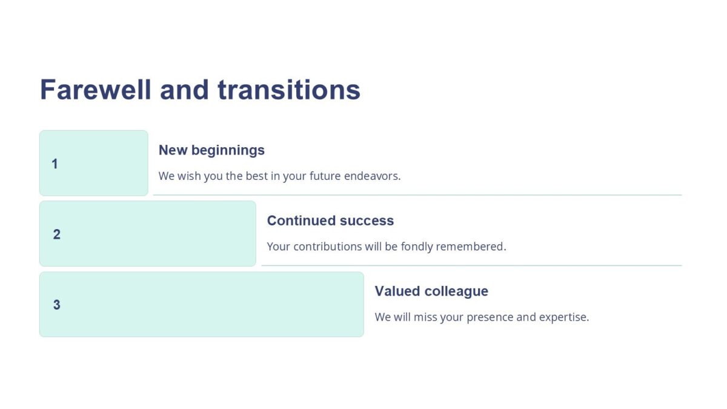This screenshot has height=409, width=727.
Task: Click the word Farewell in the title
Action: point(96,90)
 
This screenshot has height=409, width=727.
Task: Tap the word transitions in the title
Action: point(289,90)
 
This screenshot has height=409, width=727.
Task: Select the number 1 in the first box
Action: point(55,164)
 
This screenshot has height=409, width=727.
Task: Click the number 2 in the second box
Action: point(57,234)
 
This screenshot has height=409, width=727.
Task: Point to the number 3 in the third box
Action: point(57,305)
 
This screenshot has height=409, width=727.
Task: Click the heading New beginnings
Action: point(211,150)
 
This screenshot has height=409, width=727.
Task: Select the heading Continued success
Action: point(330,221)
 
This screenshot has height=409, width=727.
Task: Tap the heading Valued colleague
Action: point(431,291)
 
